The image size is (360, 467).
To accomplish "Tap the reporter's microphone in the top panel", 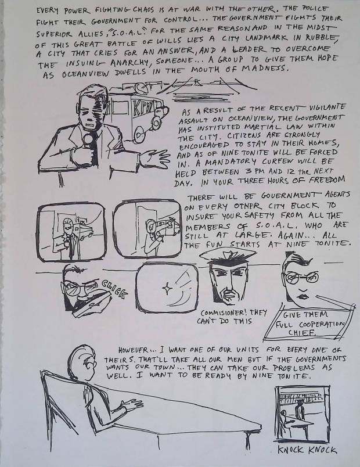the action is pyautogui.click(x=88, y=139).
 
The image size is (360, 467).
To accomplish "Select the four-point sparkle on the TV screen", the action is pyautogui.click(x=166, y=289).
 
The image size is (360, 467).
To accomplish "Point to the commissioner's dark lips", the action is pyautogui.click(x=304, y=296).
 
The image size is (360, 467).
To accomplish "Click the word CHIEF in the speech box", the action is pyautogui.click(x=301, y=332).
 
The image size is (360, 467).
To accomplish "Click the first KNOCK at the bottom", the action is pyautogui.click(x=290, y=450).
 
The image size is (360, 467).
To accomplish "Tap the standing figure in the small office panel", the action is pyautogui.click(x=300, y=410).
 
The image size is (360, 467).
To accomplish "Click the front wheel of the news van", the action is pyautogui.click(x=156, y=121).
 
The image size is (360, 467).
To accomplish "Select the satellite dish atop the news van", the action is pyautogui.click(x=139, y=88).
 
